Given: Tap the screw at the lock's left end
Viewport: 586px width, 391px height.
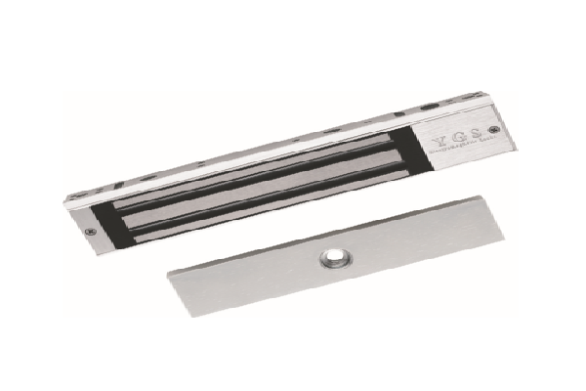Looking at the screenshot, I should (90, 232).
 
